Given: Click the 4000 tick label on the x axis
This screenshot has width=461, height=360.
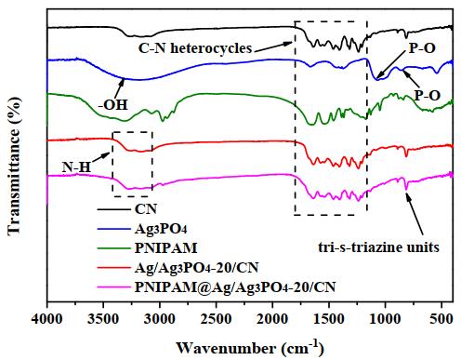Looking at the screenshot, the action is [x=47, y=319].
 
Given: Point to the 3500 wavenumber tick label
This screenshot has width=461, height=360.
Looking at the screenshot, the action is [x=103, y=319].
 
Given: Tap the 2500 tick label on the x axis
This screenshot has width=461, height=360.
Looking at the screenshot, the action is [x=217, y=319].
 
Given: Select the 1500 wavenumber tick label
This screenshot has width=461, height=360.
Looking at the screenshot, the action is [x=329, y=319].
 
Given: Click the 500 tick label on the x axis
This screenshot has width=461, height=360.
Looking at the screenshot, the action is [x=441, y=319].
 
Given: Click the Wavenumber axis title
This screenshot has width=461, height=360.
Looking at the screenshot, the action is [x=250, y=348].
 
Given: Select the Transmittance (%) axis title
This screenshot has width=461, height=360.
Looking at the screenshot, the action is [x=14, y=166].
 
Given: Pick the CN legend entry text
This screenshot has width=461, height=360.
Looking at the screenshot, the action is [x=146, y=209].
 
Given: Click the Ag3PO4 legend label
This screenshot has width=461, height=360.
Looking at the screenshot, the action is [x=161, y=229].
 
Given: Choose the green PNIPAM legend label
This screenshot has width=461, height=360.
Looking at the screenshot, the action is [x=165, y=248].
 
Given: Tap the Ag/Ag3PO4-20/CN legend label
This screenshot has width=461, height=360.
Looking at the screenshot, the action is [x=196, y=268].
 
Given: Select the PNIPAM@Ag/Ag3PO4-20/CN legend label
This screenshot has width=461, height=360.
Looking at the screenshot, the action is [x=235, y=287].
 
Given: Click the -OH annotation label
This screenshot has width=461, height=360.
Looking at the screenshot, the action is [x=112, y=105].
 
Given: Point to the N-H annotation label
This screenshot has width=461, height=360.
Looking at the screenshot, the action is [x=76, y=167].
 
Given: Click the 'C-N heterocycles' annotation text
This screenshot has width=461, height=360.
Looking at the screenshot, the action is [x=195, y=48].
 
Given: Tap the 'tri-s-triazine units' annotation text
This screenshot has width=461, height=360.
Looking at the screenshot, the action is [x=378, y=247].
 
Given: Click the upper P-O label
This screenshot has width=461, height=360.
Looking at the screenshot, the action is [x=422, y=48].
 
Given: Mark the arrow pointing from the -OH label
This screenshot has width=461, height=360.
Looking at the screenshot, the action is [x=120, y=87].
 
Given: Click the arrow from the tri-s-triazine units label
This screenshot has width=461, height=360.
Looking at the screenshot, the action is [x=415, y=214].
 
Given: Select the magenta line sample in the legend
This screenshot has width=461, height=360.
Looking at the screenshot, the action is [x=113, y=287].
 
